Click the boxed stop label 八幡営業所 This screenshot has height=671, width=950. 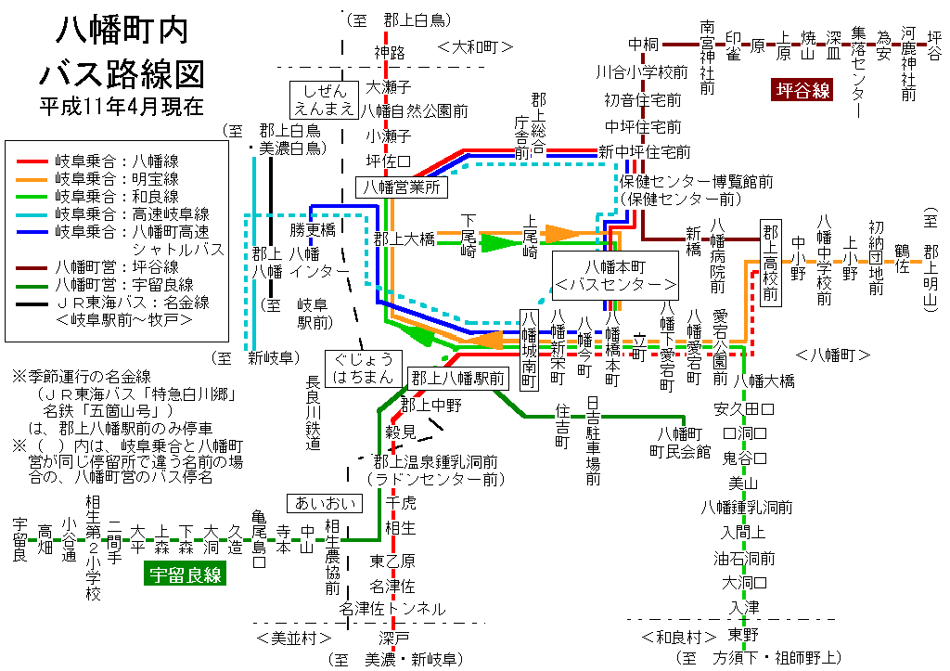point(403,187)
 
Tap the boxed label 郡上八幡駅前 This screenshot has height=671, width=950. point(458,378)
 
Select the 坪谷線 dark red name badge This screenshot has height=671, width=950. point(803,90)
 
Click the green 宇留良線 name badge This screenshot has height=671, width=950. point(186,574)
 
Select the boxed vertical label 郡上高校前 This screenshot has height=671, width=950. point(769,263)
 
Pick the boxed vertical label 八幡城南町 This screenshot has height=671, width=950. point(530,349)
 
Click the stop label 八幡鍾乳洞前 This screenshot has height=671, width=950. point(747,507)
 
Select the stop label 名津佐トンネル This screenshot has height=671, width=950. point(392,609)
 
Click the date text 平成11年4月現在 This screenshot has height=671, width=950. point(122,107)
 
